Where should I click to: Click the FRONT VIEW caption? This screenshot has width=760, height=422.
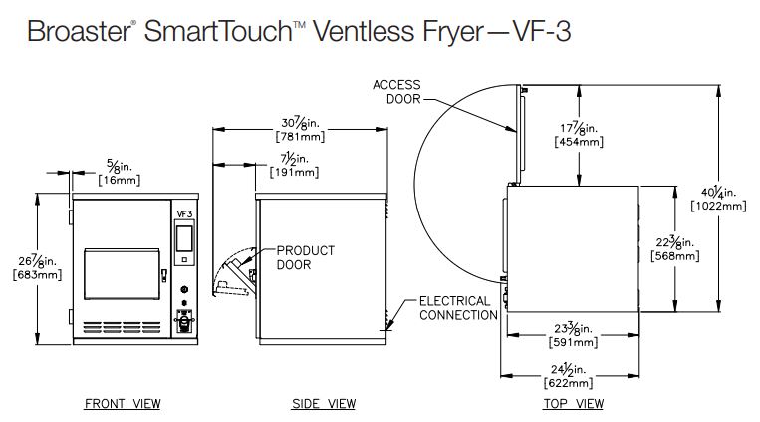coord(122,404)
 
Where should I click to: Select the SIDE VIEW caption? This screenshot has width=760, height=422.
coord(323,404)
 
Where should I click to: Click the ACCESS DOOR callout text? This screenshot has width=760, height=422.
coord(397,92)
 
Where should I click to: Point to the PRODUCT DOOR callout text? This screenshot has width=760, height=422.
coord(305,257)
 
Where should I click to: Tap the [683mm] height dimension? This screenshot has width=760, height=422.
coord(38,276)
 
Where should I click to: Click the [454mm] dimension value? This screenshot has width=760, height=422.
coord(578,142)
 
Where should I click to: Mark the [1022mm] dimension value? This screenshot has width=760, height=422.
coord(717,206)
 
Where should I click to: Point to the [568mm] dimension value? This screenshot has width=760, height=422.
coord(673,256)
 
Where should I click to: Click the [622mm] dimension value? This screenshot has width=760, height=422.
coord(570,383)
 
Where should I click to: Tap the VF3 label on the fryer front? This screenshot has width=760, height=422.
coord(184,213)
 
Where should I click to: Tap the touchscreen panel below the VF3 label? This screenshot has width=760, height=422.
coord(184,238)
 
